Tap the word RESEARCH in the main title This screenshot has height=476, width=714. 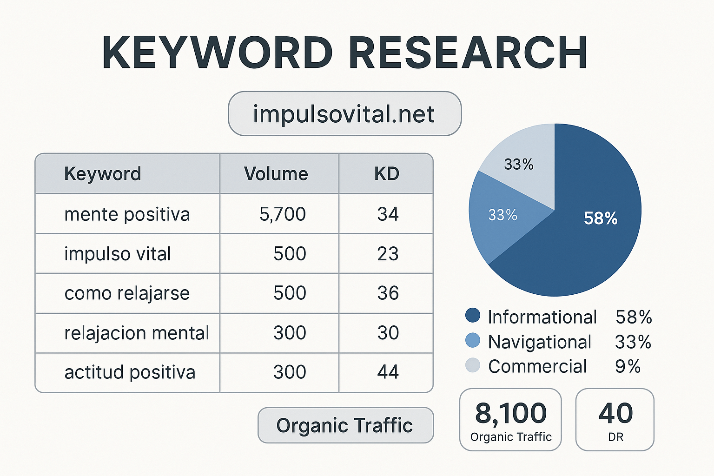coord(469,53)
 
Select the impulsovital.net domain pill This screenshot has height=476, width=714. coord(344,114)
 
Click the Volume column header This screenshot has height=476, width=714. coord(276,174)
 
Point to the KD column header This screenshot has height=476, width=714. coord(387,174)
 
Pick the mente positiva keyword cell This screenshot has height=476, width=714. coord(127,214)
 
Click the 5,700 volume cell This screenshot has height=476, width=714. coord(283,214)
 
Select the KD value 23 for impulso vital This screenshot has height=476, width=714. coord(388,254)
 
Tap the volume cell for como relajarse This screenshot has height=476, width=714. coord(290,293)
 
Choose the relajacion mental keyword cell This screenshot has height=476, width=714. coord(137,333)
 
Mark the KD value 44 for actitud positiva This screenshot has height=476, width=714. coord(388,372)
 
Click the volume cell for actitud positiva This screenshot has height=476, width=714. coord(290,372)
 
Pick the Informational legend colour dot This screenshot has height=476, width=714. coord(473,315)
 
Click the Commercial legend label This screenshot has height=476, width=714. coord(537,366)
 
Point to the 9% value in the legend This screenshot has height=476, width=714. coord(628,366)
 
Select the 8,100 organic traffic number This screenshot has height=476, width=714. coord(511,413)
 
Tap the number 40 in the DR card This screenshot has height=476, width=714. coord(615,413)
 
